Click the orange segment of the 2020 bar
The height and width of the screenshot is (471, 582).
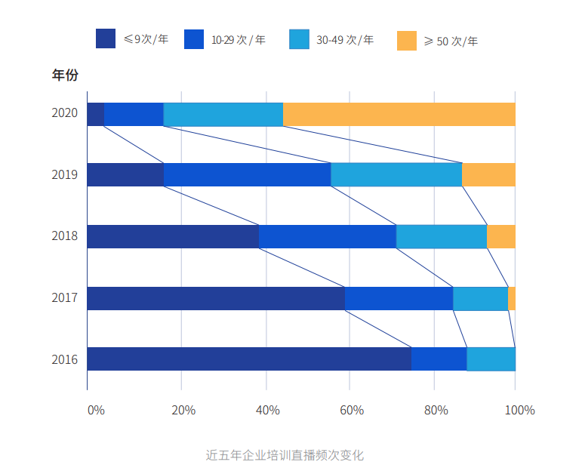(x=399, y=114)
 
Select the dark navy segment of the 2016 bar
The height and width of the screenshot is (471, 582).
(x=249, y=359)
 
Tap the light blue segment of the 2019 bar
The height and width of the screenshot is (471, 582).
(x=396, y=174)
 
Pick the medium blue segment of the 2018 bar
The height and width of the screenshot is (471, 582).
(x=327, y=236)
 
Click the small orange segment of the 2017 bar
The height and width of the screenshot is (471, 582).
(x=512, y=298)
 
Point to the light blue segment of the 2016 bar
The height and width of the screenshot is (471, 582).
(x=491, y=359)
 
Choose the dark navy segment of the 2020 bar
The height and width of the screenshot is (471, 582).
(x=95, y=114)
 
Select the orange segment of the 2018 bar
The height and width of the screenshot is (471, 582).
(x=501, y=236)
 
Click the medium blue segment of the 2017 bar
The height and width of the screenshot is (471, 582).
(x=399, y=298)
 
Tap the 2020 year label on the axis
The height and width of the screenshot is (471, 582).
(x=65, y=113)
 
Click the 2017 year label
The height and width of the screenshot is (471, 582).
(x=65, y=298)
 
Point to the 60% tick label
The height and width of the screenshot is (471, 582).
(x=352, y=410)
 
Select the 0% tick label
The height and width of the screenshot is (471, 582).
(x=96, y=410)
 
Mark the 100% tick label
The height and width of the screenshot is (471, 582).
(x=519, y=410)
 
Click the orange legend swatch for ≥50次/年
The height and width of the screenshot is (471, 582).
(x=407, y=41)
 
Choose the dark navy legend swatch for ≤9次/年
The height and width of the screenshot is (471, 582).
(x=106, y=38)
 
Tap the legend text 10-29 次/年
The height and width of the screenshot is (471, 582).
(x=238, y=39)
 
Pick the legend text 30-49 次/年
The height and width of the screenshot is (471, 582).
(x=345, y=39)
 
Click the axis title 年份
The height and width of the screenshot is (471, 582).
(x=65, y=75)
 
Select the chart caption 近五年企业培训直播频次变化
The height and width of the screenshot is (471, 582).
(x=285, y=455)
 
